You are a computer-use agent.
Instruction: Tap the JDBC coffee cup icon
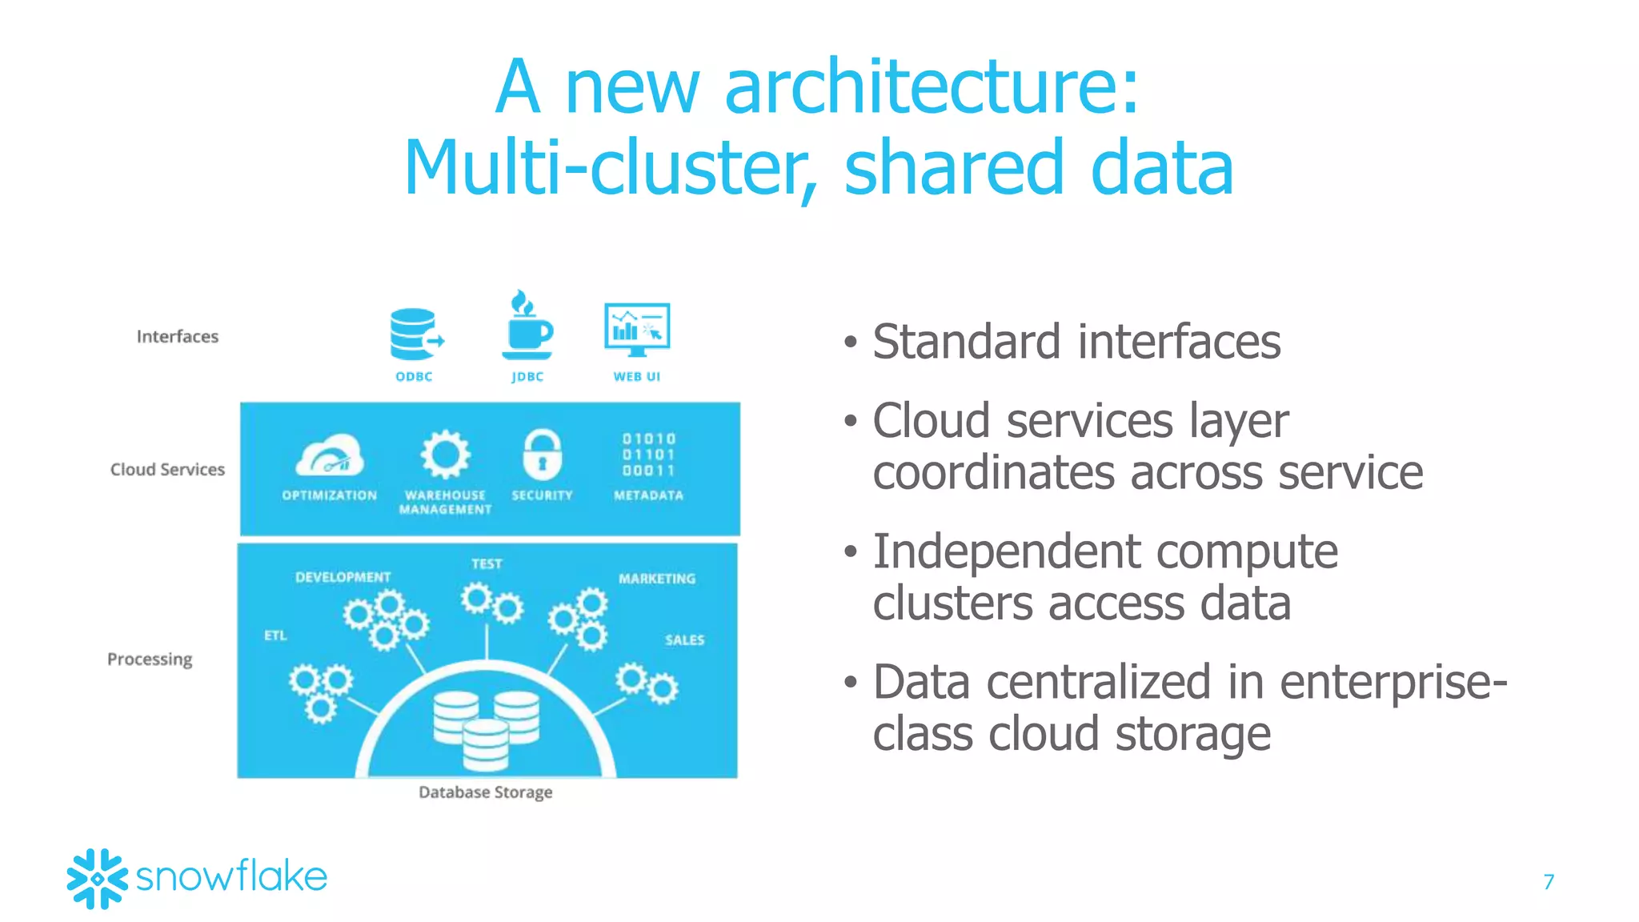(527, 326)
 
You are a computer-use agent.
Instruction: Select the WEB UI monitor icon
(637, 329)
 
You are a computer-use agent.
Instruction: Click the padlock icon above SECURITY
(542, 454)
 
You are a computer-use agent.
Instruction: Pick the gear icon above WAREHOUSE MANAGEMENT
(445, 455)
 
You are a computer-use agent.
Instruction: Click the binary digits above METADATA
(649, 455)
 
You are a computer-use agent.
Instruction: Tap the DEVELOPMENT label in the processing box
(343, 577)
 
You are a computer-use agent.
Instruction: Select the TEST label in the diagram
(487, 563)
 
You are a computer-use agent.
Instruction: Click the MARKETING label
(657, 578)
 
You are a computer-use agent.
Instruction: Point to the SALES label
(684, 639)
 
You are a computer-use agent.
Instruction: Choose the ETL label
(275, 635)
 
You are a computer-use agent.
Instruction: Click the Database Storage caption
(485, 792)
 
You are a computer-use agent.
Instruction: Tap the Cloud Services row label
(167, 469)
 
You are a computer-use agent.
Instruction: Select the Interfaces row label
(177, 336)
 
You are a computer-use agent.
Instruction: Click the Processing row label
(150, 659)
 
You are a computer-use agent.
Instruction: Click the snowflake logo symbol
(97, 878)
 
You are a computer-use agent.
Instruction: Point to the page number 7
(1549, 881)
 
